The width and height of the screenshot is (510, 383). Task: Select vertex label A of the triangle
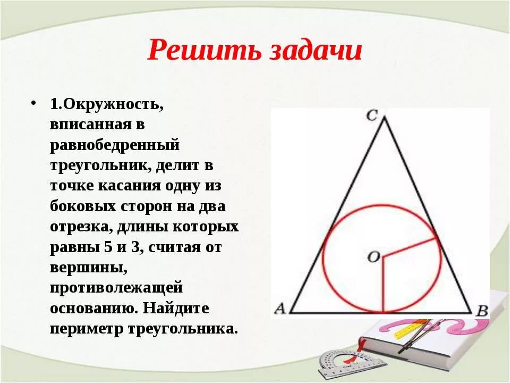[x=280, y=309]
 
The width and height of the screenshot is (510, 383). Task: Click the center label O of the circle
[x=373, y=257]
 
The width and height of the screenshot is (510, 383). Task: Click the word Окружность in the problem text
[x=113, y=104]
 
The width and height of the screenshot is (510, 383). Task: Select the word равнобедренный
[x=115, y=145]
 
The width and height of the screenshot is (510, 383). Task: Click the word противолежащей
[x=117, y=288]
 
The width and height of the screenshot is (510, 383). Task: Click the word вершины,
[x=88, y=268]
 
